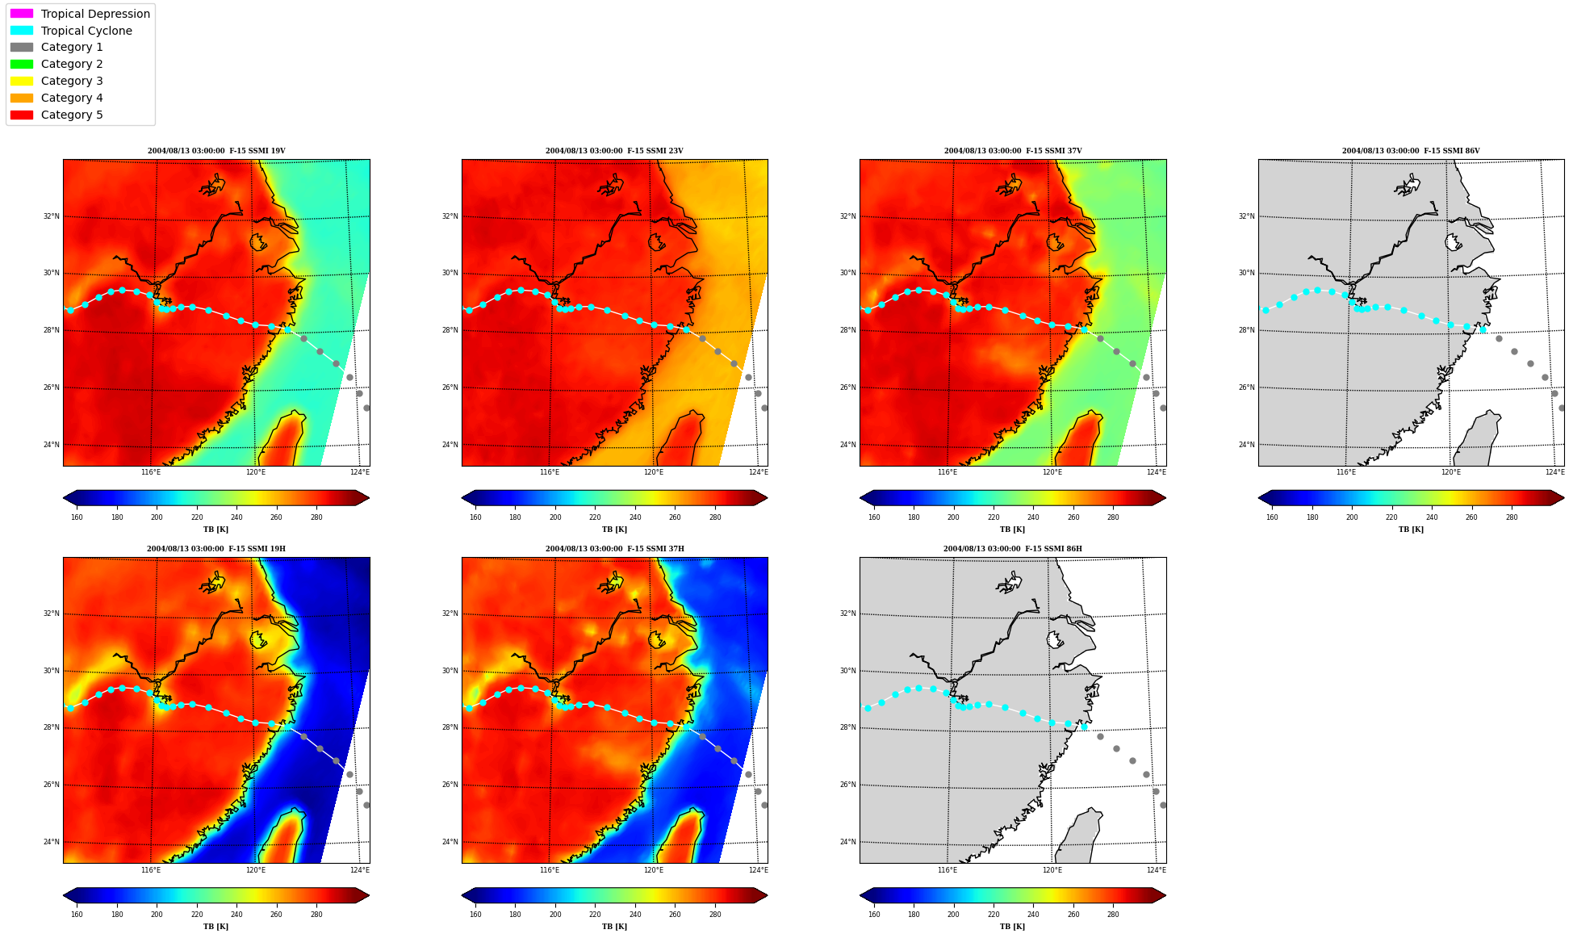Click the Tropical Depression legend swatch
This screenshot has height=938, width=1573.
coord(22,14)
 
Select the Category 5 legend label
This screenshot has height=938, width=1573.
coord(72,115)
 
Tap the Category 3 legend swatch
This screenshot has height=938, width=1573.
coord(22,81)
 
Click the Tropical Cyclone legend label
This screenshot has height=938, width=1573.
coord(86,31)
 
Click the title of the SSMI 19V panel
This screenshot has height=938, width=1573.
coord(216,151)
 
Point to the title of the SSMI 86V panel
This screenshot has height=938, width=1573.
coord(1411,151)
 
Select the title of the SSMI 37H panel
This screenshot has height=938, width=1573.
coord(614,549)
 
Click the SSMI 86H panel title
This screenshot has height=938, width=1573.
coord(1013,549)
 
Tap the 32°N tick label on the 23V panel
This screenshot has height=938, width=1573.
coord(450,216)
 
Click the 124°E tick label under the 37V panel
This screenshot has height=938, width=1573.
coord(1157,472)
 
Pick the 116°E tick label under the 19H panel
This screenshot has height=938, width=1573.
coord(151,870)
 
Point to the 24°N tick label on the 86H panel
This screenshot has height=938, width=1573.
coord(848,842)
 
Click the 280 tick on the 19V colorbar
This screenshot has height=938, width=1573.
coord(316,517)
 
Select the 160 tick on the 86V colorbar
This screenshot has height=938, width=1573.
coord(1272,517)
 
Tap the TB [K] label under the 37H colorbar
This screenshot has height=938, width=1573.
coord(614,927)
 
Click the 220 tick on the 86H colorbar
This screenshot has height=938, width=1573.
coord(994,915)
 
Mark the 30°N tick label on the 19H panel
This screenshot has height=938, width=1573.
coord(51,671)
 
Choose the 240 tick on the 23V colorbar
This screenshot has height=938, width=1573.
coord(635,517)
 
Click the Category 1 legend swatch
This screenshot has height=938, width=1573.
coord(22,47)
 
